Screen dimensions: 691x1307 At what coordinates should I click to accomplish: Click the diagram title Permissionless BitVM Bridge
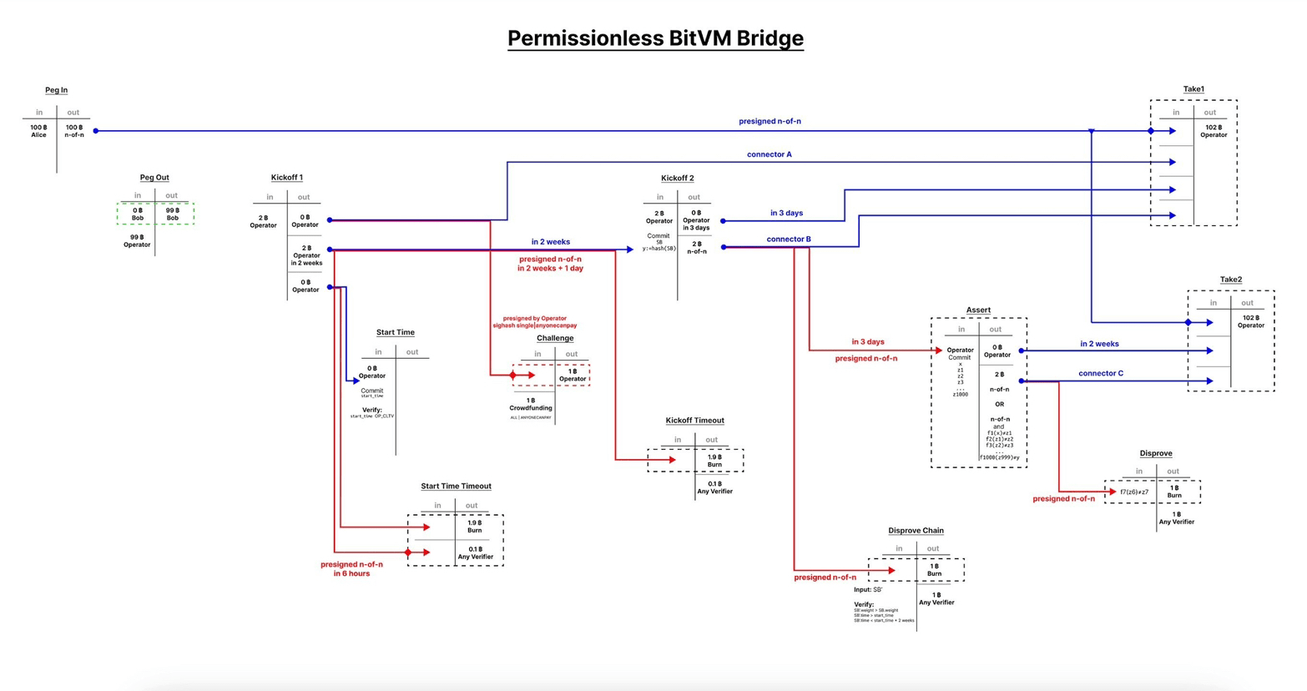(x=655, y=38)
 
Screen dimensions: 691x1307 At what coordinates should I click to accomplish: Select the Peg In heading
(x=56, y=90)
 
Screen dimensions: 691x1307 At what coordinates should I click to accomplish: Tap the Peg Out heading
(x=154, y=178)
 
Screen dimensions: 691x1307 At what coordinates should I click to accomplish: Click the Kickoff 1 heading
(x=286, y=178)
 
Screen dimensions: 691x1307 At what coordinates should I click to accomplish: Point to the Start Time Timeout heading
(x=456, y=487)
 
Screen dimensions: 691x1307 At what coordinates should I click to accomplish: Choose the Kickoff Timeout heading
(x=694, y=421)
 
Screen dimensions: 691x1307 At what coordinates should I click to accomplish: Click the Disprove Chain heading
(x=916, y=531)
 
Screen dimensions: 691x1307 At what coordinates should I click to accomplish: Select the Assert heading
(x=978, y=310)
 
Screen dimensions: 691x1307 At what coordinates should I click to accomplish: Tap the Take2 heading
(x=1230, y=280)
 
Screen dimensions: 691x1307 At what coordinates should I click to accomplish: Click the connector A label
(x=769, y=154)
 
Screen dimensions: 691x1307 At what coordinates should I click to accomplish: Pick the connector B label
(x=788, y=240)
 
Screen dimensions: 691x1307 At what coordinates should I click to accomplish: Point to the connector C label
(x=1100, y=374)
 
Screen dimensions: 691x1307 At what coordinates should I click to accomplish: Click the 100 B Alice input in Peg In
(x=38, y=131)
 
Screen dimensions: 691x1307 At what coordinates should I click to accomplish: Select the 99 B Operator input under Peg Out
(x=137, y=241)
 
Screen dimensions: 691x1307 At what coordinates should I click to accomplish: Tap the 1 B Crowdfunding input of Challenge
(x=531, y=405)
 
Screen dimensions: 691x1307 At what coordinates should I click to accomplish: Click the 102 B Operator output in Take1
(x=1213, y=131)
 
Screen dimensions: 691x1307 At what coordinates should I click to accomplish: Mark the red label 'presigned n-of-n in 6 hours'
(x=351, y=569)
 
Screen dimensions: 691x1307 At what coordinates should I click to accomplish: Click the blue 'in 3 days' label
(x=786, y=214)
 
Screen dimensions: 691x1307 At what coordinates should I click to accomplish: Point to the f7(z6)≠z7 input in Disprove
(x=1133, y=492)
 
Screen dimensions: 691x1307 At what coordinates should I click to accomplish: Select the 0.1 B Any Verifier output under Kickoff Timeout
(x=714, y=488)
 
